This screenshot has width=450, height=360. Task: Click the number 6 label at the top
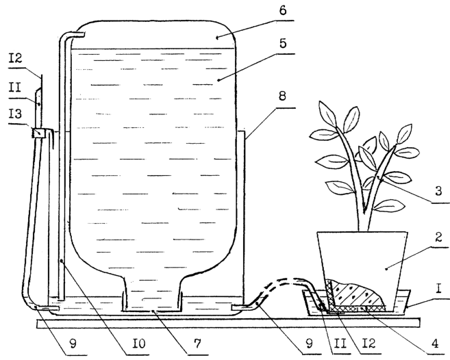pyautogui.click(x=283, y=11)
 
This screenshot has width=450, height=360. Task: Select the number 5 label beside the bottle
pyautogui.click(x=283, y=44)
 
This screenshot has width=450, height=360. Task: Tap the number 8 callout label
pyautogui.click(x=282, y=96)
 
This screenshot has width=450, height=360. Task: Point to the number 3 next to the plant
pyautogui.click(x=438, y=191)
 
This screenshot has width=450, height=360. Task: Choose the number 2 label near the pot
pyautogui.click(x=438, y=237)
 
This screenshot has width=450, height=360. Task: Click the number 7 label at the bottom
pyautogui.click(x=197, y=344)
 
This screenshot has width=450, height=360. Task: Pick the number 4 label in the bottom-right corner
pyautogui.click(x=436, y=344)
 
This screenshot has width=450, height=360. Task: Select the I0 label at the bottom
pyautogui.click(x=139, y=344)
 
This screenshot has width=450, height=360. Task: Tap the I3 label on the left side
pyautogui.click(x=15, y=114)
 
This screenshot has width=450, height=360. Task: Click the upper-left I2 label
pyautogui.click(x=15, y=59)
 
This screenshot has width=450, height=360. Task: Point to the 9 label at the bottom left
pyautogui.click(x=73, y=344)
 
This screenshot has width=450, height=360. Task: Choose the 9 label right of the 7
pyautogui.click(x=309, y=344)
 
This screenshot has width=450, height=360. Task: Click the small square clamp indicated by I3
pyautogui.click(x=39, y=133)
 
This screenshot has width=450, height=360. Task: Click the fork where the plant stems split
pyautogui.click(x=364, y=211)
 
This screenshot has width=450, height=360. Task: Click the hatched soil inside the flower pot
pyautogui.click(x=356, y=294)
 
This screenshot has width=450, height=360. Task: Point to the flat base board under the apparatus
pyautogui.click(x=229, y=323)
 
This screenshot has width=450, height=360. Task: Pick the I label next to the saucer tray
pyautogui.click(x=438, y=289)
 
